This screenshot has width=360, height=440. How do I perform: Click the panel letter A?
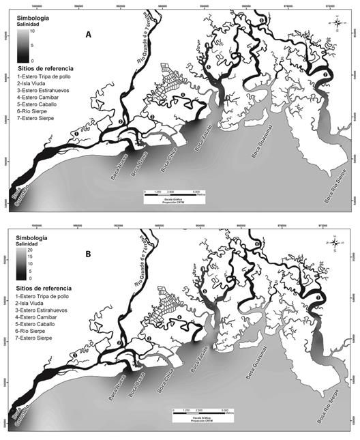coord(87,35)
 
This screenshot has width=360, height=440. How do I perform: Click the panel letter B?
coord(87,253)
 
